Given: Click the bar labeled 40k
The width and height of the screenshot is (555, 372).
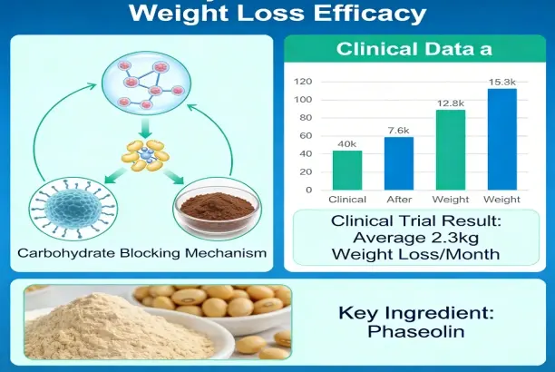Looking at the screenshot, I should pyautogui.click(x=346, y=170).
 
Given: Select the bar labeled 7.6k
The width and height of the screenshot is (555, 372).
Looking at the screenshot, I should pyautogui.click(x=398, y=163).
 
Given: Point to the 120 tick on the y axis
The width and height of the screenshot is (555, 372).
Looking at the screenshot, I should pyautogui.click(x=304, y=81).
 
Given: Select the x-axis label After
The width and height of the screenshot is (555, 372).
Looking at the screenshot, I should pyautogui.click(x=399, y=199).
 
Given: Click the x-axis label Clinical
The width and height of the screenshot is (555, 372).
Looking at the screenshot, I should pyautogui.click(x=347, y=199).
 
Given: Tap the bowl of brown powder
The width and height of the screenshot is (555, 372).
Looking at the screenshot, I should pyautogui.click(x=214, y=208).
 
